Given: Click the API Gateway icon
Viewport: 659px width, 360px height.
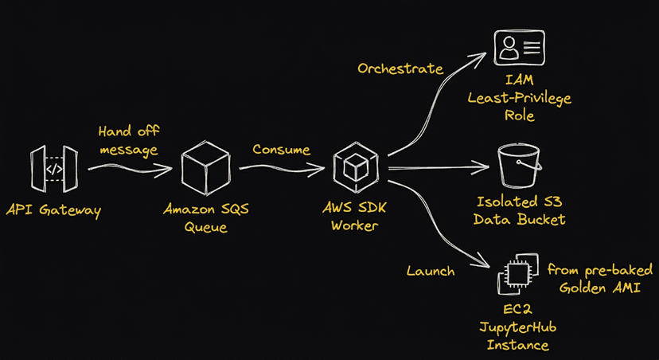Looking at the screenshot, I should click(x=54, y=169).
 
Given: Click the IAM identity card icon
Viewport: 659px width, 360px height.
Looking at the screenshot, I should click(x=519, y=48).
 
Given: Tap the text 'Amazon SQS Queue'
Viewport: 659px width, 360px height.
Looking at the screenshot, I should click(x=205, y=219).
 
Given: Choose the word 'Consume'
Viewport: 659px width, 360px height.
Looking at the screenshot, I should click(x=281, y=149).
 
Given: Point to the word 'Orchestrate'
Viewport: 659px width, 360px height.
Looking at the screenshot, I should click(x=400, y=68).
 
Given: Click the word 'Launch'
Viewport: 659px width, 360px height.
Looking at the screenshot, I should click(x=430, y=271).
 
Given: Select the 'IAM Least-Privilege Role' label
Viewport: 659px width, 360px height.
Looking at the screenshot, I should click(x=520, y=98).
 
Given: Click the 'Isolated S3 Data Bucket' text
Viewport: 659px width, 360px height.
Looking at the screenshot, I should click(x=520, y=210).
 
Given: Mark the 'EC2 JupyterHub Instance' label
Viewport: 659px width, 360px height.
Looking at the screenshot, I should click(x=519, y=327).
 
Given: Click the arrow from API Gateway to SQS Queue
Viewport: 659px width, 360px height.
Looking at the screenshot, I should click(x=129, y=168).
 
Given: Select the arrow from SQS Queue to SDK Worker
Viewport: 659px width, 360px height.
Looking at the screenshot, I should click(x=283, y=167).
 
